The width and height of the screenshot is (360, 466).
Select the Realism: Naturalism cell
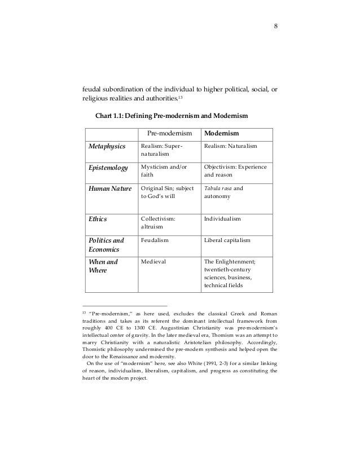[231, 147]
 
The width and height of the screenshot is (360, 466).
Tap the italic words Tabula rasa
[218, 188]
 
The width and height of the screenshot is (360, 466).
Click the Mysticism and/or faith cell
[163, 172]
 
